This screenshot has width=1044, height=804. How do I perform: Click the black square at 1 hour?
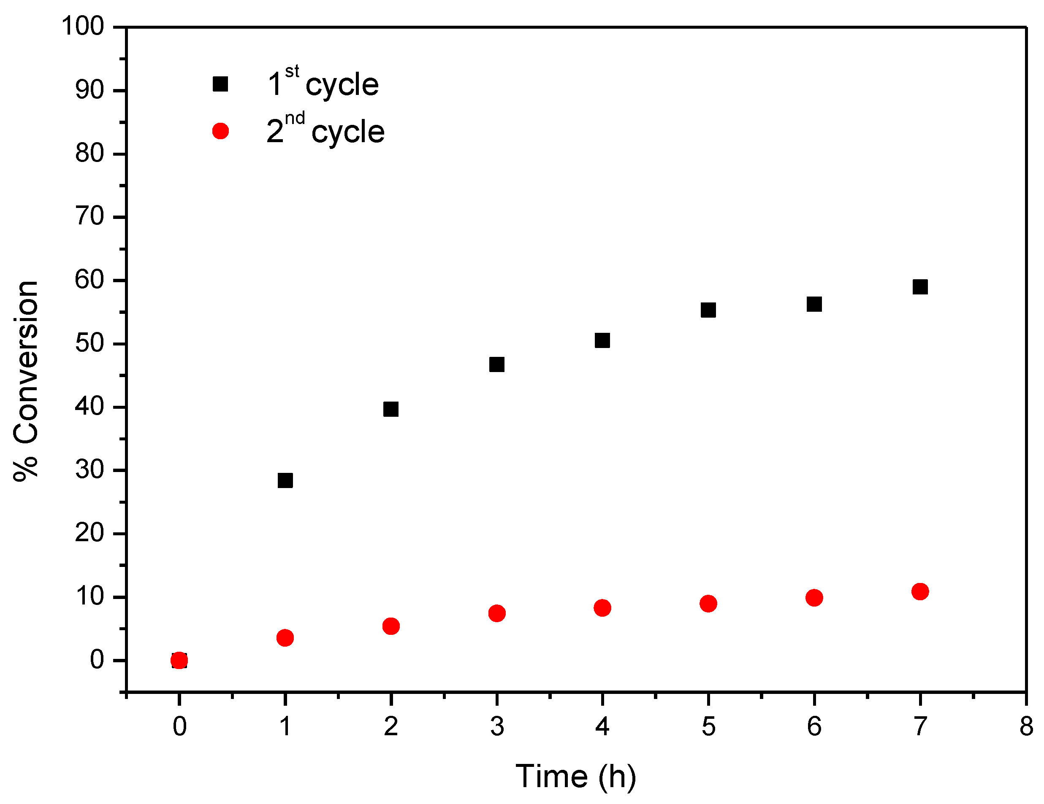285,480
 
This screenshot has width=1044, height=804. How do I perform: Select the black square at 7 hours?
920,287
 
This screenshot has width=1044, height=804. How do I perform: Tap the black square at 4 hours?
602,340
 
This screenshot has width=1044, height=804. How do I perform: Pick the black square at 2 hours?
391,410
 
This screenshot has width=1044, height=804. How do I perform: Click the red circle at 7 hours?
920,591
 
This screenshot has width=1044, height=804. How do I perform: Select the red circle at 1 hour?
285,638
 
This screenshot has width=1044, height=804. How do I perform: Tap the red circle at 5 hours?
708,604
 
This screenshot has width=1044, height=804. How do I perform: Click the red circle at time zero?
179,661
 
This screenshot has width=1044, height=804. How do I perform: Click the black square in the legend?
220,84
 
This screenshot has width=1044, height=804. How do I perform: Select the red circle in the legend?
220,131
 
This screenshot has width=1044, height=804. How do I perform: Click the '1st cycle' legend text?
323,84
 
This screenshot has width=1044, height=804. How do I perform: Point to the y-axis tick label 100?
83,26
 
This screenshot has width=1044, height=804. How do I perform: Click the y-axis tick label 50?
89,343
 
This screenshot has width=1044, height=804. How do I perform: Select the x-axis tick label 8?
1026,727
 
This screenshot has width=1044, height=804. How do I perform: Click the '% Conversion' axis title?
26,381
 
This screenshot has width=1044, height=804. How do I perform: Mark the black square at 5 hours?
708,310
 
